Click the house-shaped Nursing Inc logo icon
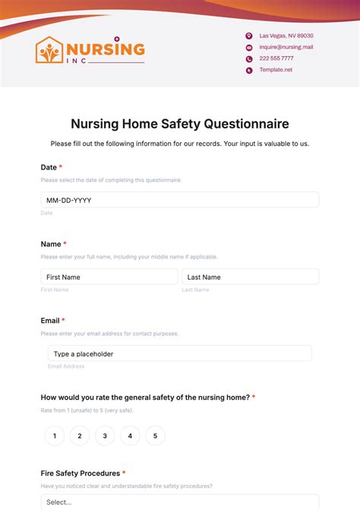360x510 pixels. [x=50, y=51]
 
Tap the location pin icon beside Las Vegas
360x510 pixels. [x=248, y=36]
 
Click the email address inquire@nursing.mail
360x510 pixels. [x=286, y=47]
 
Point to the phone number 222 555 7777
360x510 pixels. [x=276, y=59]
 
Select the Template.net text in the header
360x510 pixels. [x=276, y=70]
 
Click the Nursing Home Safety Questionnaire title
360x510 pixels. [x=180, y=123]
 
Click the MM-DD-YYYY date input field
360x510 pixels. [x=180, y=200]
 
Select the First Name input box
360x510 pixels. [x=109, y=277]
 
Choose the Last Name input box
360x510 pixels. [x=250, y=277]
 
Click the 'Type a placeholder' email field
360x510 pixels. [x=180, y=353]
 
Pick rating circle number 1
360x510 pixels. [x=54, y=436]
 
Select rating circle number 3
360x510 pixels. [x=105, y=436]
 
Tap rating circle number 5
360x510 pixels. [x=155, y=436]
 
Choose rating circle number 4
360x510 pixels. [x=130, y=436]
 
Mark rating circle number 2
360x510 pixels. [x=80, y=436]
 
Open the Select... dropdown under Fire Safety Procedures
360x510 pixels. [x=180, y=502]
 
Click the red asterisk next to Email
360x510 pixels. [x=63, y=321]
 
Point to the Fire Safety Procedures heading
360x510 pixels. [x=80, y=473]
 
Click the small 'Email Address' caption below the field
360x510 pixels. [x=66, y=366]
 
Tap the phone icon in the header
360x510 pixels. [x=248, y=59]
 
